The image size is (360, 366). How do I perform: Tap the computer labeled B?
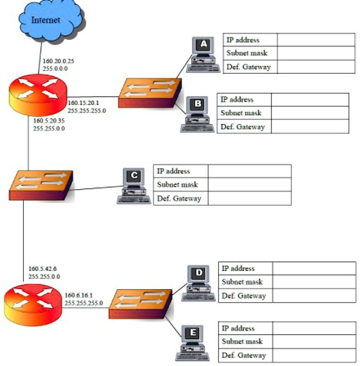[x=196, y=115]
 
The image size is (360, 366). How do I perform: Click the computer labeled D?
[x=197, y=283]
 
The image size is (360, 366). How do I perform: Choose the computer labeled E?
[x=192, y=343]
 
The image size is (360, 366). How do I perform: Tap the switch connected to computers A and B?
[x=149, y=93]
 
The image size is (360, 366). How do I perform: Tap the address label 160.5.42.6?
[x=43, y=269]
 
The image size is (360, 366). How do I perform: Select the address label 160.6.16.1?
[x=79, y=295]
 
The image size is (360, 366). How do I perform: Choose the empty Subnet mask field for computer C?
[x=249, y=185]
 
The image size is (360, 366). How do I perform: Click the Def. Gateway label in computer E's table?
[x=243, y=356]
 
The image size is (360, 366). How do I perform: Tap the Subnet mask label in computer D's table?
[x=243, y=282]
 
